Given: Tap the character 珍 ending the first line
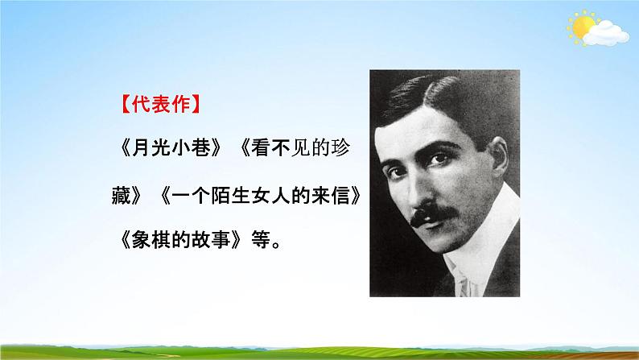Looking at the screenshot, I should [341, 149].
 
